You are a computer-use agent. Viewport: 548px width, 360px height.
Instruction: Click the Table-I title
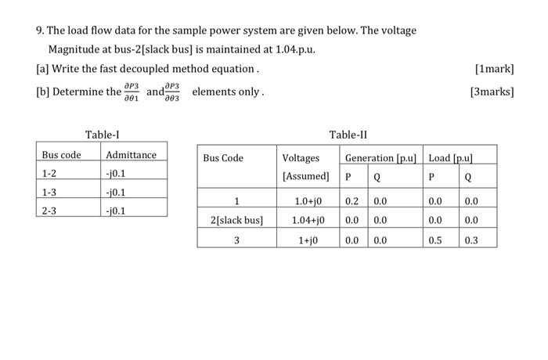pyautogui.click(x=102, y=135)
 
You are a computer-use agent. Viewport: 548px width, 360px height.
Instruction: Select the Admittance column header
pyautogui.click(x=132, y=155)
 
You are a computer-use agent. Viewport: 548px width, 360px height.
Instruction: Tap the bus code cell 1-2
pyautogui.click(x=52, y=173)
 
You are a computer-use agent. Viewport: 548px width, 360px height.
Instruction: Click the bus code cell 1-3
pyautogui.click(x=52, y=192)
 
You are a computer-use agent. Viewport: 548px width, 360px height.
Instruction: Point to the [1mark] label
pyautogui.click(x=494, y=70)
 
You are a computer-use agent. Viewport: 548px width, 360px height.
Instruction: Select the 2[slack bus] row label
pyautogui.click(x=237, y=221)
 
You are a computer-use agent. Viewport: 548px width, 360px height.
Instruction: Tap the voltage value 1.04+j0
pyautogui.click(x=308, y=221)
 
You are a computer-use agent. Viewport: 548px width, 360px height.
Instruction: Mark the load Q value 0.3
pyautogui.click(x=470, y=240)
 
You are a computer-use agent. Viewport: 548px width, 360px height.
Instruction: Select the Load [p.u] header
pyautogui.click(x=451, y=159)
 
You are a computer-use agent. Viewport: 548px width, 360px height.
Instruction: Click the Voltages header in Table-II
pyautogui.click(x=301, y=159)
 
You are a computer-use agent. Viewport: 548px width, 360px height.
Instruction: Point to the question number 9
pyautogui.click(x=39, y=31)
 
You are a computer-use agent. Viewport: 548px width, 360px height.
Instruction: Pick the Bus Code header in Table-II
pyautogui.click(x=223, y=159)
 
